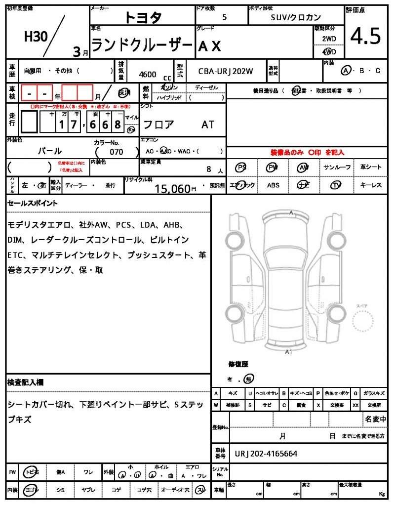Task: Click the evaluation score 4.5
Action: [x=365, y=37]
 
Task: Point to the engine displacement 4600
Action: [x=148, y=74]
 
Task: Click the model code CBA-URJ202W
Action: [x=226, y=71]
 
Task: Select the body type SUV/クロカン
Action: [x=296, y=17]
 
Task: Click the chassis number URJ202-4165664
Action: [x=266, y=453]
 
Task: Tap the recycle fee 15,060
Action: [x=172, y=188]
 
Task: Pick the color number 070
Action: [x=117, y=152]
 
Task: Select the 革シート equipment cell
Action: [x=371, y=167]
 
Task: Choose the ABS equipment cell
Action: [x=273, y=185]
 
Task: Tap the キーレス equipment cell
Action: [x=371, y=185]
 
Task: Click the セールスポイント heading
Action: [x=33, y=203]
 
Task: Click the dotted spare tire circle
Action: [x=365, y=324]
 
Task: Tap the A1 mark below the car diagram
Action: [x=289, y=352]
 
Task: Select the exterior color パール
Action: [x=50, y=151]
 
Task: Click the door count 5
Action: [x=225, y=17]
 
